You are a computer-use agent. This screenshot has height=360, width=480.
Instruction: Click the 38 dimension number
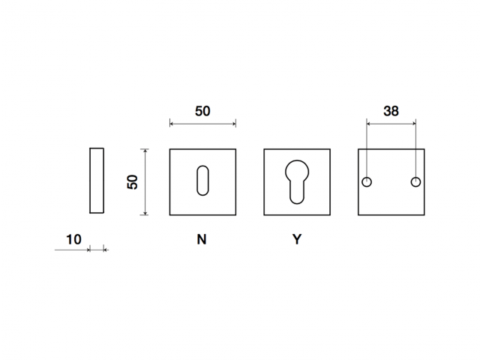(391, 111)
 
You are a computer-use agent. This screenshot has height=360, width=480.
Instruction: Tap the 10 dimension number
(73, 239)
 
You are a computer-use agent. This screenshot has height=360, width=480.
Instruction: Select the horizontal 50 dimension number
(202, 111)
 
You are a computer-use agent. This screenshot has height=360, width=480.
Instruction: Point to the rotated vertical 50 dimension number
(133, 181)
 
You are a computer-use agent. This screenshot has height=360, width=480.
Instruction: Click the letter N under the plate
(202, 239)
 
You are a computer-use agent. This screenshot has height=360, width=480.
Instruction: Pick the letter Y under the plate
(297, 239)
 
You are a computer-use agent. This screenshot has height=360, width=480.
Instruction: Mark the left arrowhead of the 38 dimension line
(368, 124)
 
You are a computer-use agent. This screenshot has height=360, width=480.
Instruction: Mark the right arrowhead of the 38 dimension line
(414, 124)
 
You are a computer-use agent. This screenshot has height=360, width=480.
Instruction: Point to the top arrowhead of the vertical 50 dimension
(145, 151)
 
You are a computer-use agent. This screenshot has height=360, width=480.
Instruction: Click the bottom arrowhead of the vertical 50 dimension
(145, 213)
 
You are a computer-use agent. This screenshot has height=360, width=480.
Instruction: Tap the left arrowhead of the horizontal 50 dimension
(172, 124)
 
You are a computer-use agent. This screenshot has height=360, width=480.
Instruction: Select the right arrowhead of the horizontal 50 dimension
(234, 124)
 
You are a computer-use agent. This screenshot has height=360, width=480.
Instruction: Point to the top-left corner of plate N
(170, 149)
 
